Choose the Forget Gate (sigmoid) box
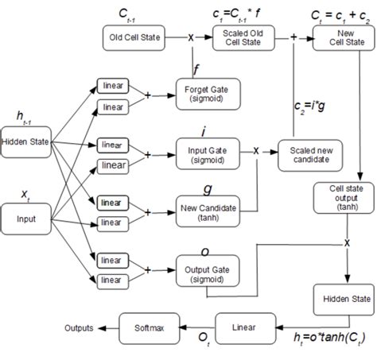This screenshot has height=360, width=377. pyautogui.click(x=204, y=93)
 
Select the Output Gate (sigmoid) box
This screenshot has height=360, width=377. pyautogui.click(x=204, y=266)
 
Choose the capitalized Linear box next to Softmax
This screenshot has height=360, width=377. pyautogui.click(x=238, y=327)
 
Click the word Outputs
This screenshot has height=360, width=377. pyautogui.click(x=80, y=327)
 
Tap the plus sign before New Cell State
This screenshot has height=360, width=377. pyautogui.click(x=293, y=37)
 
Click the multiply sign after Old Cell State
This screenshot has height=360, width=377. pyautogui.click(x=191, y=37)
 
